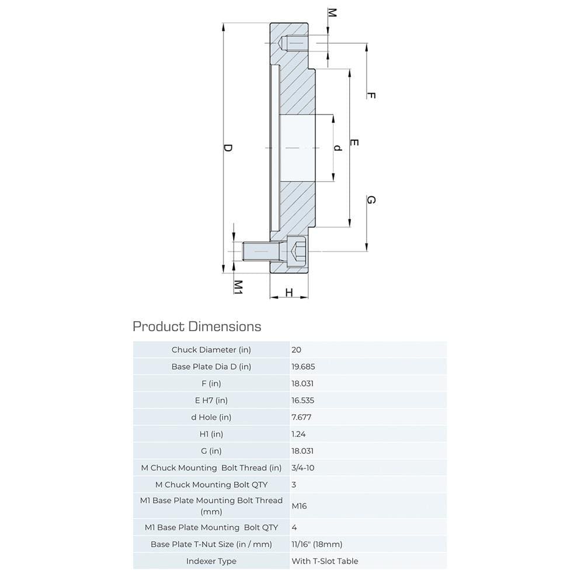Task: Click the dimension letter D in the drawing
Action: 228,148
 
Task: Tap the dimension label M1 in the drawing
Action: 238,286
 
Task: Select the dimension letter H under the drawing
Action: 288,292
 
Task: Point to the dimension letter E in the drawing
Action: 354,143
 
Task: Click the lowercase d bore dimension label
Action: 337,148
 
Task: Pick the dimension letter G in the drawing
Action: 370,200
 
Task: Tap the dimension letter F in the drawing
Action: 370,95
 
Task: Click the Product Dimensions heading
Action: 197,326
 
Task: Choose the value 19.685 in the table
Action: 303,367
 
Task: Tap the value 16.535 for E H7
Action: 303,401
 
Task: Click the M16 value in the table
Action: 299,506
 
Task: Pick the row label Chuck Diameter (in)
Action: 211,350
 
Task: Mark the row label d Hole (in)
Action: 211,417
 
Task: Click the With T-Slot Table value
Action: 325,561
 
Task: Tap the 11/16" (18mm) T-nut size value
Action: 317,544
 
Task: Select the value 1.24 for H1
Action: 298,434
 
